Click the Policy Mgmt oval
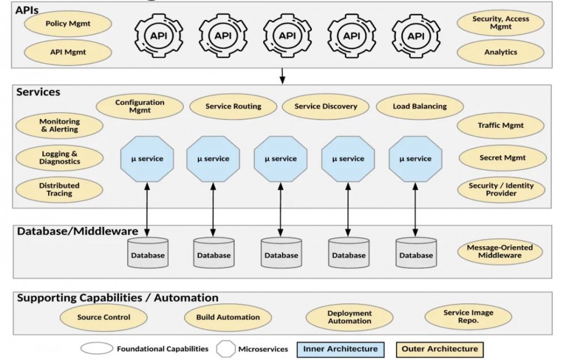click(68, 24)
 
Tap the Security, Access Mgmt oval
click(500, 23)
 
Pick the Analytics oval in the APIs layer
click(500, 52)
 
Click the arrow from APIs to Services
click(281, 76)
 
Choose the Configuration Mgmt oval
click(140, 106)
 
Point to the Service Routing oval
click(233, 106)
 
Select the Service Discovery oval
click(325, 106)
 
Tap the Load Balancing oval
click(419, 106)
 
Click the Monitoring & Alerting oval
click(59, 126)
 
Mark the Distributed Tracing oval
click(59, 190)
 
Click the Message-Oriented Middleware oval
click(500, 252)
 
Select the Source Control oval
click(104, 318)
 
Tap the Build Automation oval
click(228, 318)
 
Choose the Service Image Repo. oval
click(468, 317)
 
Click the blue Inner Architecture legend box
click(340, 349)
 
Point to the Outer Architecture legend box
click(439, 349)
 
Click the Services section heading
click(38, 92)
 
